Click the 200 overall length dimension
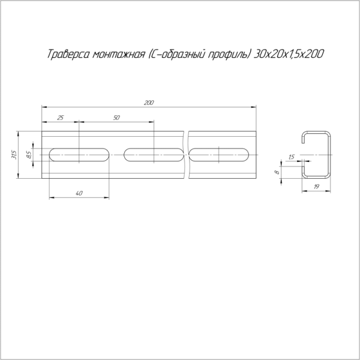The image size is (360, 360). coord(149,103)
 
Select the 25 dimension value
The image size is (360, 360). coord(60,118)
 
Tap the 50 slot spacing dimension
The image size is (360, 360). coord(116,118)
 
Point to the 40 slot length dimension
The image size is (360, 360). coord(79,193)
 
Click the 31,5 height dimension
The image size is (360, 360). coord(14,155)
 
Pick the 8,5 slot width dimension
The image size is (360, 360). coord(29,155)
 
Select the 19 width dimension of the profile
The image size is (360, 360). coord(316,187)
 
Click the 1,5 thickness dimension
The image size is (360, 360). coord(291,157)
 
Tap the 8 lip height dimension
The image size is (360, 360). coord(277,172)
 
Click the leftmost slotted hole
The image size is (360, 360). coord(79,155)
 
